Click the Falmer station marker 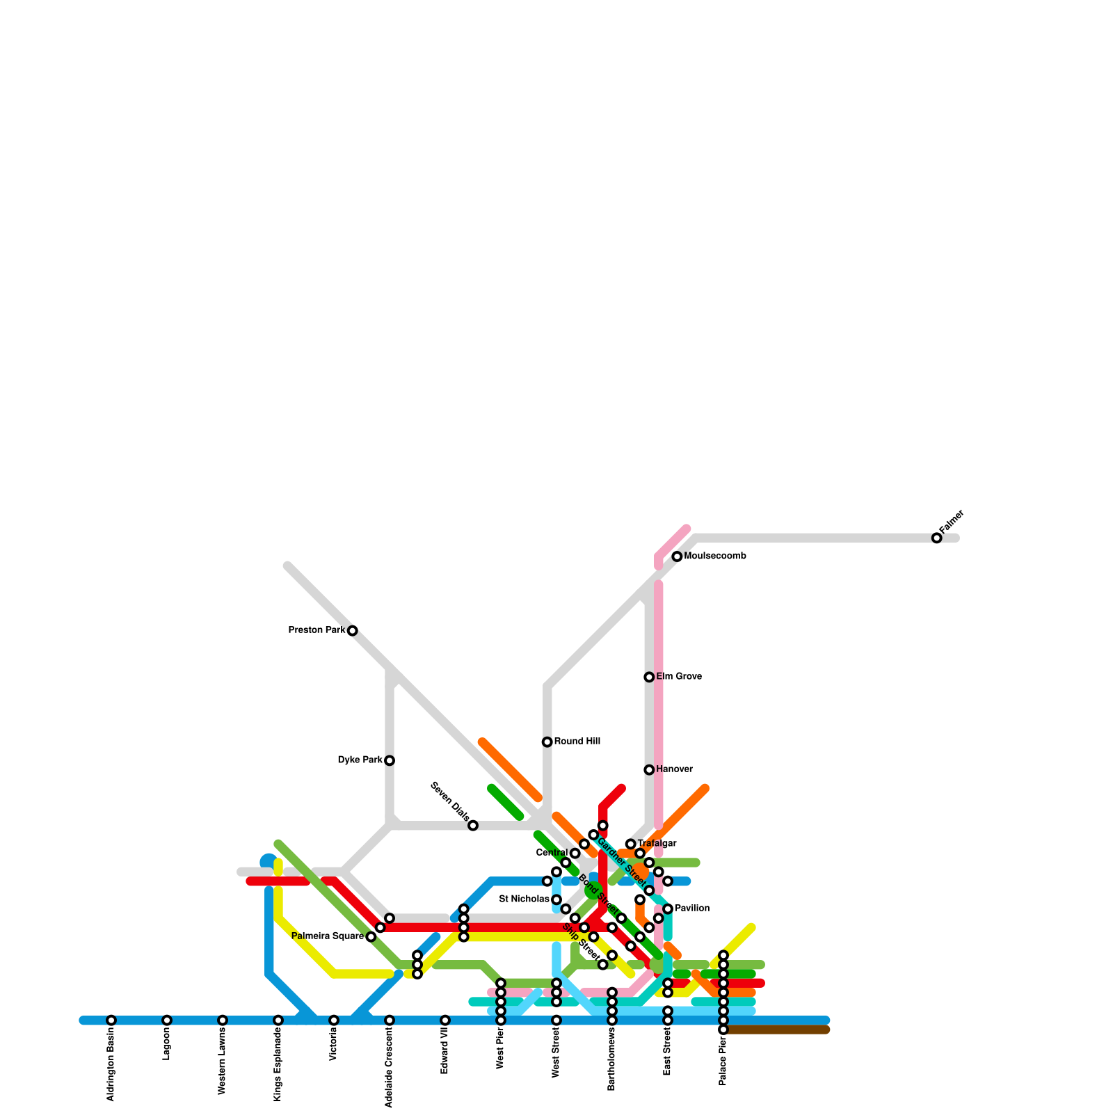(936, 538)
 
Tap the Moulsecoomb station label (714, 556)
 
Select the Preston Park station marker (353, 631)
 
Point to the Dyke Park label (360, 760)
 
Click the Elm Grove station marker (649, 677)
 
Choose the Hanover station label (674, 769)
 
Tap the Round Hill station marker (547, 742)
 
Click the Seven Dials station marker (473, 826)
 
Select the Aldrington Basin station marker (111, 1020)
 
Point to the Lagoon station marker (167, 1020)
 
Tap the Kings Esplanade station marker (278, 1020)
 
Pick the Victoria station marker (334, 1020)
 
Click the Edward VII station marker (445, 1020)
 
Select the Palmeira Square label (328, 936)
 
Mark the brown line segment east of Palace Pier (779, 1030)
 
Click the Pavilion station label (691, 908)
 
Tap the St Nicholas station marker (556, 900)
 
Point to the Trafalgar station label (657, 844)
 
